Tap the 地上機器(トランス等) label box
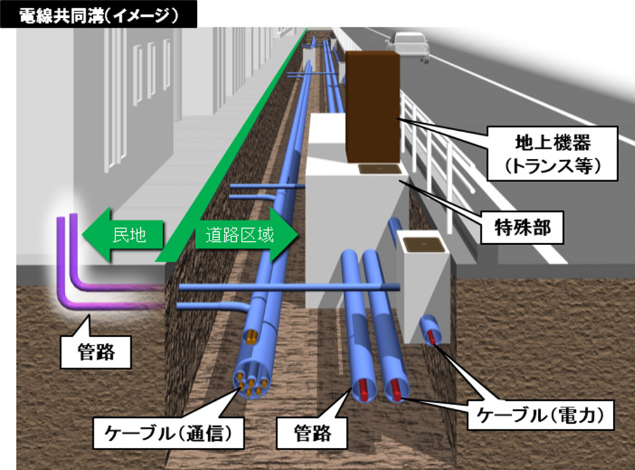tap(552, 154)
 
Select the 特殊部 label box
tap(522, 227)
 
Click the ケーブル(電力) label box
tap(540, 415)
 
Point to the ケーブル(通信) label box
tap(168, 433)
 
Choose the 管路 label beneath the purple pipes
tap(96, 352)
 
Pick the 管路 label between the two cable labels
tap(312, 433)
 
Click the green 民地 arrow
tap(123, 234)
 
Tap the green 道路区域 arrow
tap(246, 234)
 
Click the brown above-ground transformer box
tap(373, 107)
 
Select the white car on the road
tap(408, 46)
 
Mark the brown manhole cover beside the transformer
tap(380, 169)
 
